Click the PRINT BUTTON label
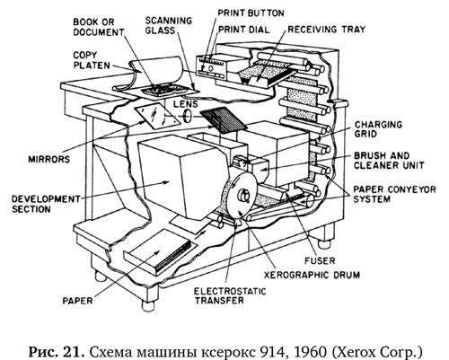[251, 13]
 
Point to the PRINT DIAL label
[243, 30]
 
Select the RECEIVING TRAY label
[327, 30]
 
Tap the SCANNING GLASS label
[169, 25]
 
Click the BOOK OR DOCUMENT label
[99, 27]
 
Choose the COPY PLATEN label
[92, 60]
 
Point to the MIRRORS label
[49, 159]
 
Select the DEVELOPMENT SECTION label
[46, 204]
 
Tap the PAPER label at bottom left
[77, 301]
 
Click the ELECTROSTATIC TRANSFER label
[230, 295]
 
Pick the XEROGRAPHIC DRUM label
[312, 275]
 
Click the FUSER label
[320, 260]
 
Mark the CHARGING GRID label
[378, 129]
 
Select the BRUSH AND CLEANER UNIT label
[389, 161]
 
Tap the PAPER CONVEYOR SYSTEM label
[394, 194]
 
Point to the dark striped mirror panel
[223, 120]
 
